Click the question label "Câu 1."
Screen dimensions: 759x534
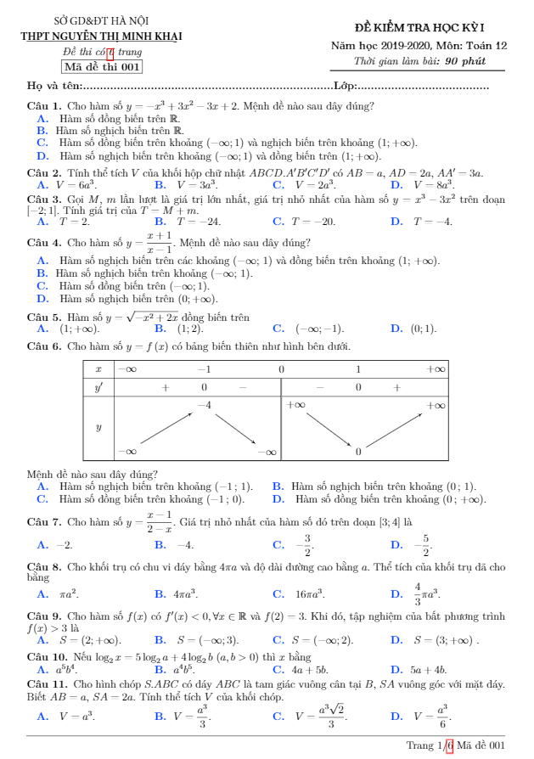[x=44, y=107]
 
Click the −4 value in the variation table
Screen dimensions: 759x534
[x=204, y=406]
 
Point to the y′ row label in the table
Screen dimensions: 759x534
[x=98, y=387]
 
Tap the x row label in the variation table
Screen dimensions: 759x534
[x=98, y=369]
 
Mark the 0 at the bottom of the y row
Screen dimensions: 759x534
[x=358, y=452]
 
